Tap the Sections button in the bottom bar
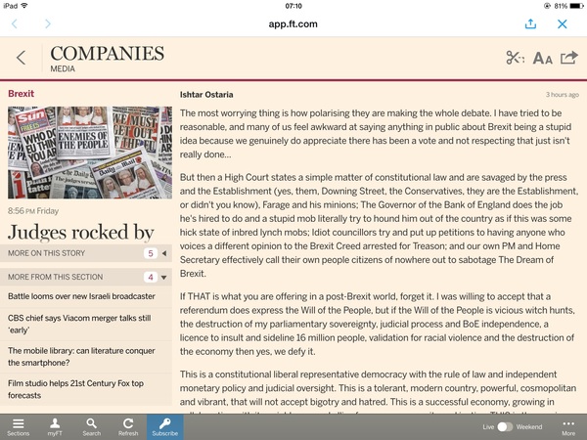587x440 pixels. pyautogui.click(x=18, y=426)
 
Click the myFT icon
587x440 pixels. pyautogui.click(x=55, y=426)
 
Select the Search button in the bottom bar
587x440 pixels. pyautogui.click(x=91, y=426)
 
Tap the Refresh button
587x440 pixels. pyautogui.click(x=127, y=426)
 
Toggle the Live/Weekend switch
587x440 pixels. pyautogui.click(x=505, y=427)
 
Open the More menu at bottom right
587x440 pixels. pyautogui.click(x=568, y=426)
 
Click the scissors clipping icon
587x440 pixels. pyautogui.click(x=516, y=58)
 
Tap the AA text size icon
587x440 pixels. pyautogui.click(x=542, y=59)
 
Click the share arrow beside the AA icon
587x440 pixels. pyautogui.click(x=568, y=58)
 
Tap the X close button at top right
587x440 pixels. pyautogui.click(x=563, y=23)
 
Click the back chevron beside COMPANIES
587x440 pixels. pyautogui.click(x=21, y=58)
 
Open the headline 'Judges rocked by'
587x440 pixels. pyautogui.click(x=81, y=232)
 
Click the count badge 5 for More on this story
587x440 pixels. pyautogui.click(x=151, y=253)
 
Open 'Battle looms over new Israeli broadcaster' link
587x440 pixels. pyautogui.click(x=81, y=295)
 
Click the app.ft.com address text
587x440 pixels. pyautogui.click(x=293, y=23)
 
